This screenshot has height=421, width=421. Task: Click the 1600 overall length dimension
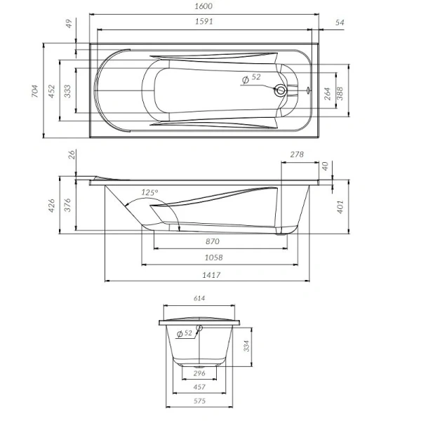pos(204,6)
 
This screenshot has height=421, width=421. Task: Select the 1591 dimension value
pos(204,22)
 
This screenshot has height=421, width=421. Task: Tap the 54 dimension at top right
pos(340,23)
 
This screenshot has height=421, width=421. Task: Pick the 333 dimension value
pos(67,91)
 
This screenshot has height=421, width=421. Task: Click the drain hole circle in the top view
pos(281,90)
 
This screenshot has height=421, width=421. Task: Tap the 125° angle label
pos(149,192)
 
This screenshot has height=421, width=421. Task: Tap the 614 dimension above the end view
pos(199,299)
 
